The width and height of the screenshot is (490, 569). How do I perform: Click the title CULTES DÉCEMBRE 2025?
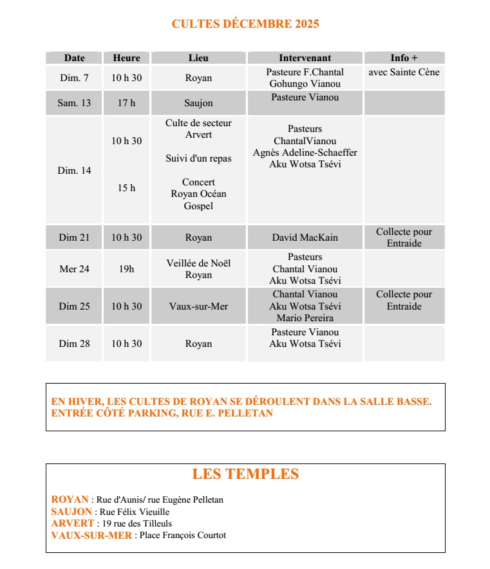pyautogui.click(x=245, y=24)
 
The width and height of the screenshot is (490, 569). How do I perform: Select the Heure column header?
pyautogui.click(x=126, y=58)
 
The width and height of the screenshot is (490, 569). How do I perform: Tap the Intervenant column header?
pyautogui.click(x=305, y=58)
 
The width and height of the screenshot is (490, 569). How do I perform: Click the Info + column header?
pyautogui.click(x=404, y=58)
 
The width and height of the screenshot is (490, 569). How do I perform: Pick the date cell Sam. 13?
pyautogui.click(x=74, y=103)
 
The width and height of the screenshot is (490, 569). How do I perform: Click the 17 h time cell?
pyautogui.click(x=126, y=103)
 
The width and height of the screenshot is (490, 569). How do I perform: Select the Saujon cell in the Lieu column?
pyautogui.click(x=198, y=103)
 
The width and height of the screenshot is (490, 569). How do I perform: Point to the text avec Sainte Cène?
pyautogui.click(x=404, y=72)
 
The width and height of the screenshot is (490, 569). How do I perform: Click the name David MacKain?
pyautogui.click(x=305, y=238)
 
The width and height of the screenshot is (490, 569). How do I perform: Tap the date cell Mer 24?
pyautogui.click(x=74, y=269)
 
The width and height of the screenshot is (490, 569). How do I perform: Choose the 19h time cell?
pyautogui.click(x=126, y=269)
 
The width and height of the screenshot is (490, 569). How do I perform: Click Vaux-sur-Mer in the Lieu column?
pyautogui.click(x=198, y=306)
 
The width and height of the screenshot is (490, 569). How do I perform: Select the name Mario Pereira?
pyautogui.click(x=305, y=318)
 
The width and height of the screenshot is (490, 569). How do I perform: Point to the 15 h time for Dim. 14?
pyautogui.click(x=126, y=189)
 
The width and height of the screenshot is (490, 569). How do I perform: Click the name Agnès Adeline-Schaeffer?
pyautogui.click(x=305, y=153)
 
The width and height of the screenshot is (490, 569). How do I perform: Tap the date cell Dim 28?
pyautogui.click(x=74, y=344)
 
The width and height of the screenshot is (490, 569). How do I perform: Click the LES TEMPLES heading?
pyautogui.click(x=245, y=474)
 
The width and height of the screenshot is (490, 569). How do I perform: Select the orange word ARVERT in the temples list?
pyautogui.click(x=72, y=523)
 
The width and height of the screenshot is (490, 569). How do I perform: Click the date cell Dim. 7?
pyautogui.click(x=74, y=78)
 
